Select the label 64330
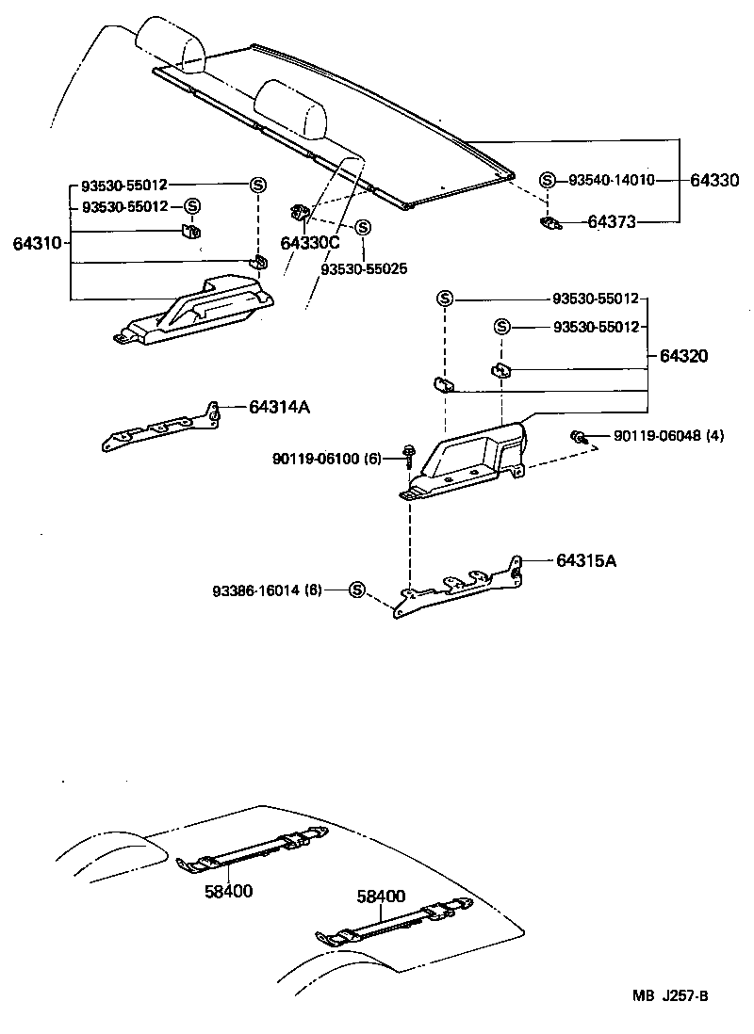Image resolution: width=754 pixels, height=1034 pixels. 715,180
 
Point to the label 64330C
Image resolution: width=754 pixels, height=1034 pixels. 309,243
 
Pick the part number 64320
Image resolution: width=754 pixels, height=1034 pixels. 684,356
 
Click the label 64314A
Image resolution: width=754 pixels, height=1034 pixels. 280,407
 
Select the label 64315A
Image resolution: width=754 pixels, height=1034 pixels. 586,560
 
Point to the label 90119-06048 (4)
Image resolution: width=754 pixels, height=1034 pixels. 668,435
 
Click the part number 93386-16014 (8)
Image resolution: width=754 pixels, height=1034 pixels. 267,590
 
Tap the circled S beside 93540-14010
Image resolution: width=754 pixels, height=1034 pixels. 547,180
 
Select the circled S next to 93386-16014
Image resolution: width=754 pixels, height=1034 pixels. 356,590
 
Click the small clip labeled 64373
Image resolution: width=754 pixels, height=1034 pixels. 549,222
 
